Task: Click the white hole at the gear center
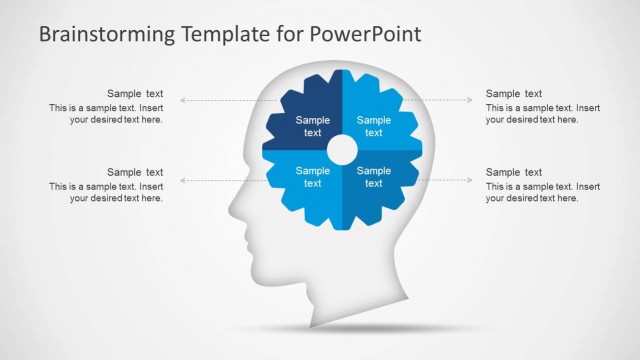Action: click(x=342, y=150)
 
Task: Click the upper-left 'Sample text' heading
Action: click(x=135, y=94)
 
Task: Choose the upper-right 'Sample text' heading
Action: click(x=514, y=94)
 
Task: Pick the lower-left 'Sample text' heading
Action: click(x=135, y=172)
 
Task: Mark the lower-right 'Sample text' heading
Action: click(x=514, y=172)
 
